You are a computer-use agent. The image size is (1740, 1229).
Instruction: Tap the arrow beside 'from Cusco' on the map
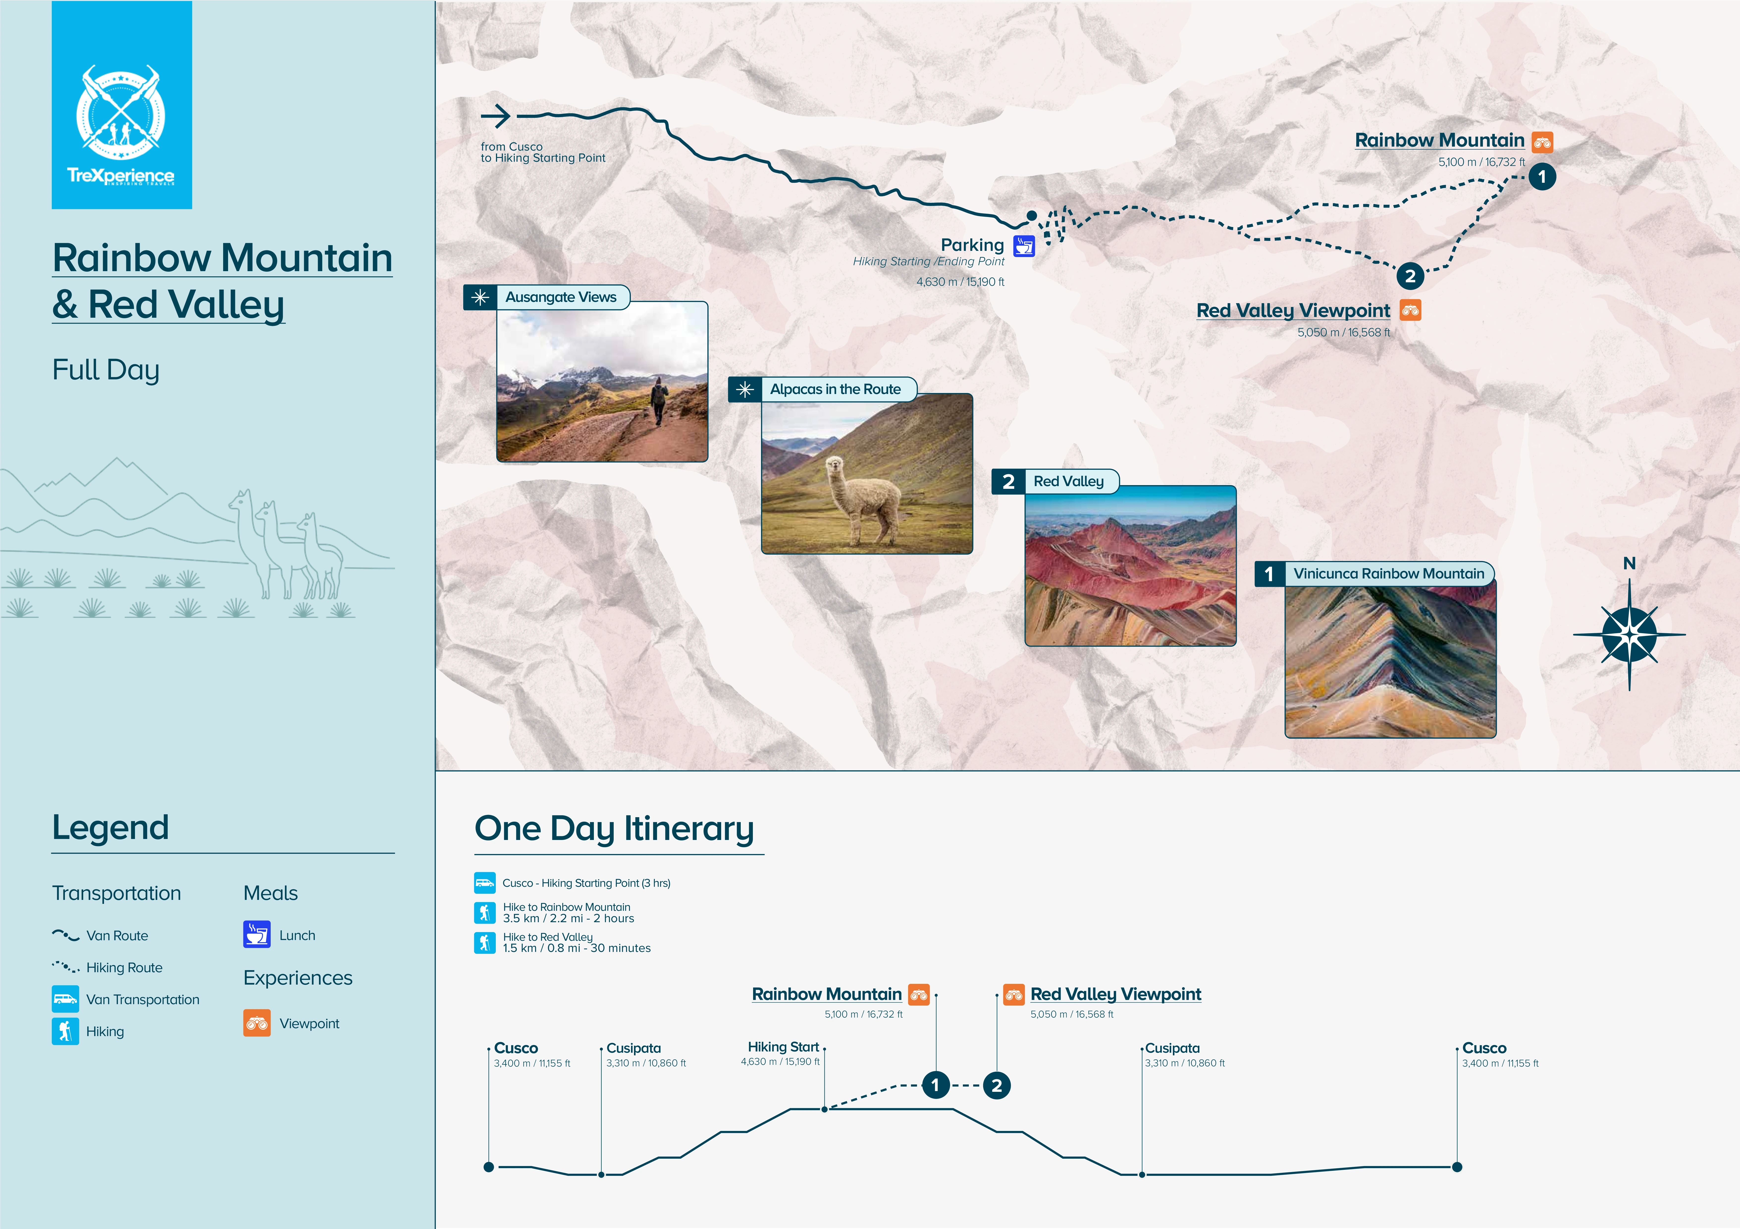[x=496, y=116]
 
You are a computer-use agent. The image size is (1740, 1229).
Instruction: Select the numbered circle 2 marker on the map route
[x=1410, y=276]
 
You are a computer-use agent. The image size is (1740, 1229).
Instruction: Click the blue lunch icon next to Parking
[x=1024, y=246]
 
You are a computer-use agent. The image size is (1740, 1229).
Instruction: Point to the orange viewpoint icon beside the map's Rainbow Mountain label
[x=1542, y=142]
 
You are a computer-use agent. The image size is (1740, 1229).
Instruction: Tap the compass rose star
[x=1629, y=634]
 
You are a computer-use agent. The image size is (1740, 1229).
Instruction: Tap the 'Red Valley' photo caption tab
[x=1069, y=481]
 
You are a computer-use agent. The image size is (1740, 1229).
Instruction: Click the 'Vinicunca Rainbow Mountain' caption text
[x=1388, y=574]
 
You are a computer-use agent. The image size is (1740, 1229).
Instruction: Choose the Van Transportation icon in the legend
[x=65, y=999]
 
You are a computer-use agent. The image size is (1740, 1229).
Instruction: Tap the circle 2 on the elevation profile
[x=997, y=1085]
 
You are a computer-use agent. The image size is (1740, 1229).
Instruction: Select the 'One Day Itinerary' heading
[x=614, y=828]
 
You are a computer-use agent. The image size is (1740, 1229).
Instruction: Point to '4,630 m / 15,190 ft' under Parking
[x=960, y=282]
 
